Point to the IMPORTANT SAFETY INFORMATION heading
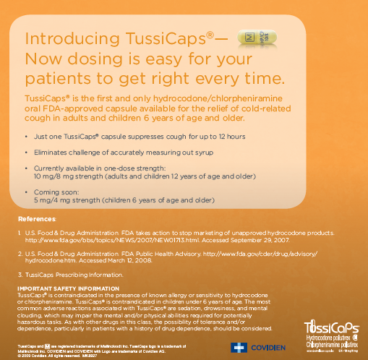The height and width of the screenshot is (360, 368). click(x=63, y=288)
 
